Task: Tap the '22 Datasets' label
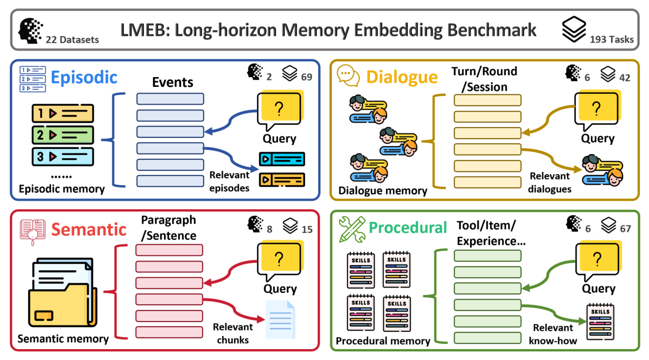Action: tap(72, 40)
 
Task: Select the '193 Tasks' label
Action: tap(612, 40)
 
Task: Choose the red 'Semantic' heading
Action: tap(89, 229)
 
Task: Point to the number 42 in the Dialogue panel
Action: tap(624, 75)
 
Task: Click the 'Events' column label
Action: tap(173, 82)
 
